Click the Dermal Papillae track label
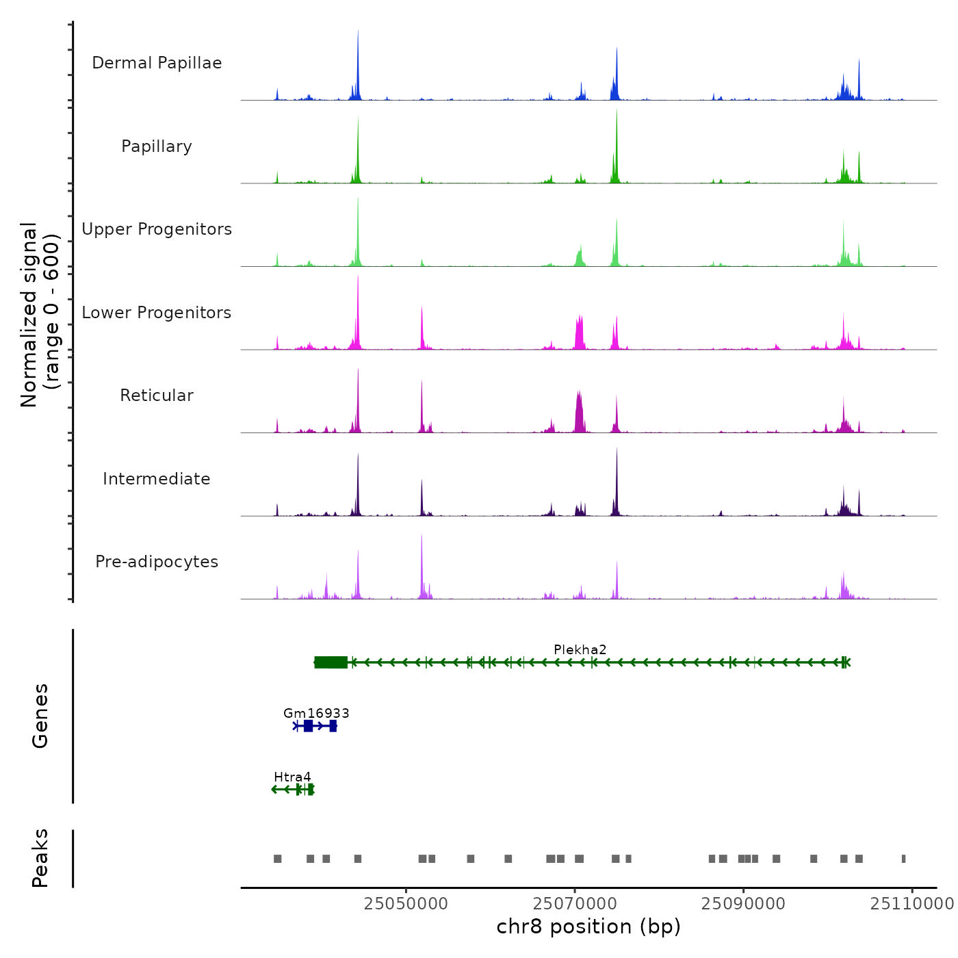click(157, 63)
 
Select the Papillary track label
click(157, 146)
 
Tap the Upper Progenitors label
click(157, 229)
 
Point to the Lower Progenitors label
click(157, 313)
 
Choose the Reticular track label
click(157, 396)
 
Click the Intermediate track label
click(157, 479)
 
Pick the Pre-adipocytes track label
click(157, 562)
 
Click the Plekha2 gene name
click(580, 649)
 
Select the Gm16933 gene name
click(316, 713)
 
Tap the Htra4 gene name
click(292, 777)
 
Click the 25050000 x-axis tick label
click(406, 903)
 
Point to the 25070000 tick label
click(575, 903)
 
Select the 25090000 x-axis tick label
click(743, 903)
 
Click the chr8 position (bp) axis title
click(588, 927)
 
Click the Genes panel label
click(40, 716)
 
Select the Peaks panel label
click(40, 858)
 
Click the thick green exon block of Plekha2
click(331, 662)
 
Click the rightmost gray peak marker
click(903, 859)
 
